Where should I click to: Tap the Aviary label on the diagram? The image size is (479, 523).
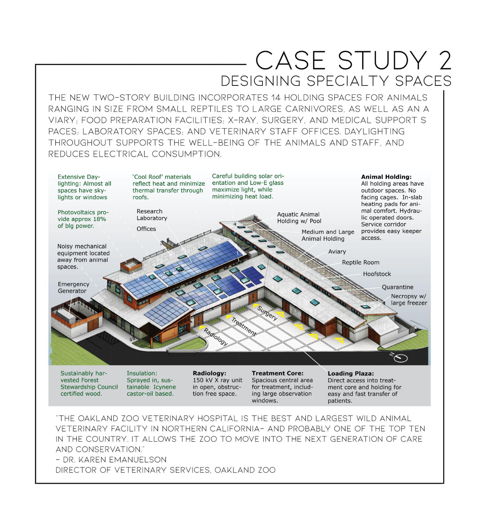[337, 252]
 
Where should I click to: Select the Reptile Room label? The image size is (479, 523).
[361, 262]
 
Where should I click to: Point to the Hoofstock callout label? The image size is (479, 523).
[377, 274]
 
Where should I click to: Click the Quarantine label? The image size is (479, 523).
[397, 287]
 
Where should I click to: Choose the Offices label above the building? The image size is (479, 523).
[146, 229]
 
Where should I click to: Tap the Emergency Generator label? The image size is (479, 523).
[73, 287]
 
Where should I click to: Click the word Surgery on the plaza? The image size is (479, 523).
[267, 313]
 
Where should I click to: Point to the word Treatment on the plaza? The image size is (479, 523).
[244, 327]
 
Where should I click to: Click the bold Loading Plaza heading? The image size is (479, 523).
[350, 373]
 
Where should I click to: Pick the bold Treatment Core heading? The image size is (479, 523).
[277, 373]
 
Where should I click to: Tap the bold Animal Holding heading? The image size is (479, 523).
[386, 177]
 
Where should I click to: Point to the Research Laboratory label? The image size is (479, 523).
[152, 215]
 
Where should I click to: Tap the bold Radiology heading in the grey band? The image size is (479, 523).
[209, 373]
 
